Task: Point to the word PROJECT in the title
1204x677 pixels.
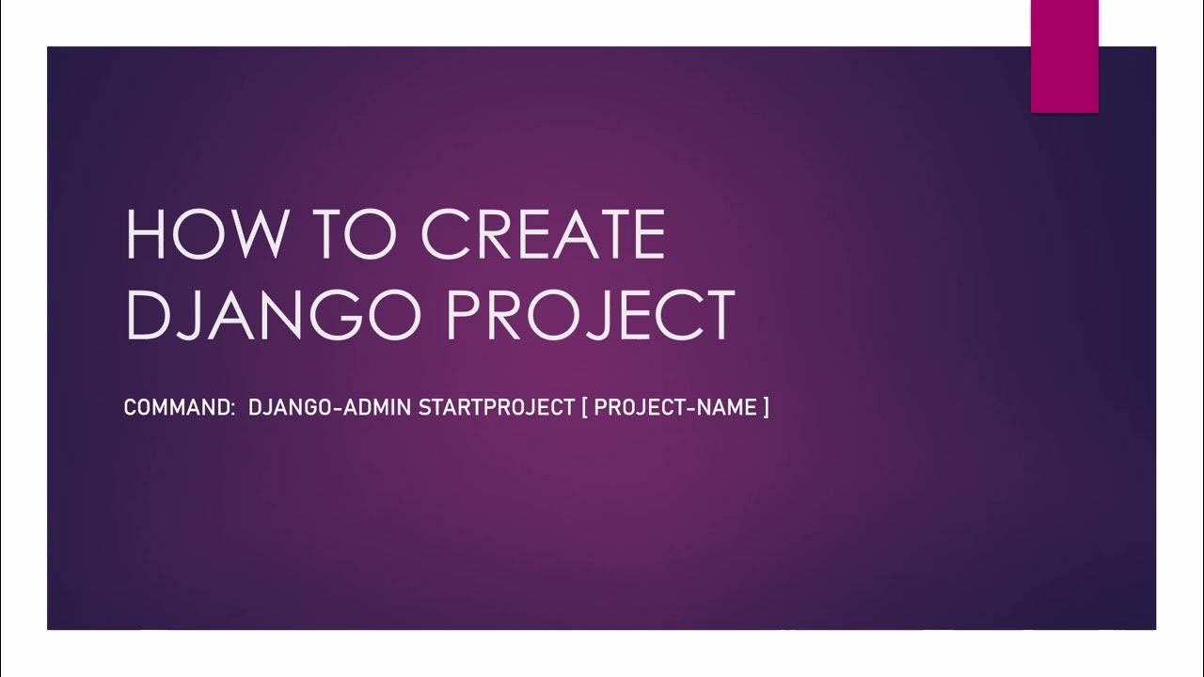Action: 592,315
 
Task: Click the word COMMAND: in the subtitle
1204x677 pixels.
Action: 179,408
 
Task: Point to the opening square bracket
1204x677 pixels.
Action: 585,408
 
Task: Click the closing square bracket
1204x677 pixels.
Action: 766,408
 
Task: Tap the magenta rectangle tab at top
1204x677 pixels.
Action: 1065,55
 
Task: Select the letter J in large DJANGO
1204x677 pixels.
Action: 201,315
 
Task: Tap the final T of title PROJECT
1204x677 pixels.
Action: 717,315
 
